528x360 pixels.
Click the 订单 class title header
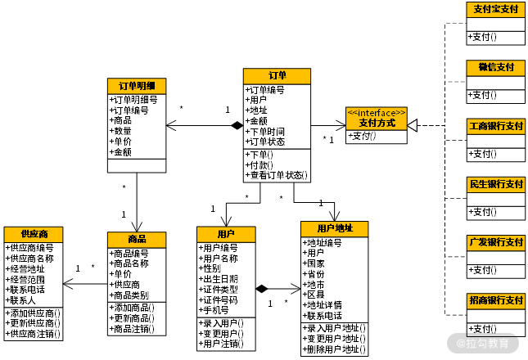277,76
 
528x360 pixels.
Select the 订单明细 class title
137,86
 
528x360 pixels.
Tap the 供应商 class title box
33,235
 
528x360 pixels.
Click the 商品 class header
137,239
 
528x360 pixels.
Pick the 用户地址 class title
334,228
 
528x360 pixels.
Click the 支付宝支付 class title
495,10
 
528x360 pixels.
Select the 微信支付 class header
495,67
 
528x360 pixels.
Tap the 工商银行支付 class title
495,126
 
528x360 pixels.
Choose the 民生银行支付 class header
495,183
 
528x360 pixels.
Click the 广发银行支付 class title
495,242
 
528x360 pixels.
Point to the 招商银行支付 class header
495,300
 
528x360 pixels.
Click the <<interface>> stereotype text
376,112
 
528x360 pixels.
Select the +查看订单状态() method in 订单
278,175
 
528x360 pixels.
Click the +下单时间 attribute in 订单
267,131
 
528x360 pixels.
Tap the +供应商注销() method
33,334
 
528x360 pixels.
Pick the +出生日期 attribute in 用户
219,279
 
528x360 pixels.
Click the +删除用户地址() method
334,349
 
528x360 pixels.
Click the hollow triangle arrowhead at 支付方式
413,125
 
